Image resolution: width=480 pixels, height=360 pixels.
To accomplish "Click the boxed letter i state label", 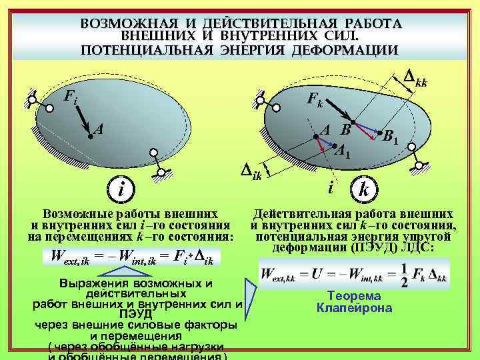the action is pyautogui.click(x=120, y=189).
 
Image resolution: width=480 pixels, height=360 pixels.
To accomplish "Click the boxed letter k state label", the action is pyautogui.click(x=364, y=189).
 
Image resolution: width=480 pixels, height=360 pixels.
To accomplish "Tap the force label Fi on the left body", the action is pyautogui.click(x=69, y=97).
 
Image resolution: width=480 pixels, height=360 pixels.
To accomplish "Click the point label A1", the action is pyautogui.click(x=342, y=151).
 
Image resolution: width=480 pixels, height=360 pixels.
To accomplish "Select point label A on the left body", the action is pyautogui.click(x=97, y=129).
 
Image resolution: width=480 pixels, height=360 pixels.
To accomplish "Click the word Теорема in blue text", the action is pyautogui.click(x=354, y=296).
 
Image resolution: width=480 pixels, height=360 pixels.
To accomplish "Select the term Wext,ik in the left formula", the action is pyautogui.click(x=65, y=255).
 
